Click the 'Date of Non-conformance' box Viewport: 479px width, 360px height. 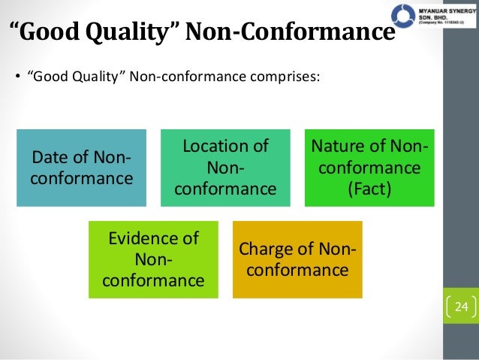tap(82, 168)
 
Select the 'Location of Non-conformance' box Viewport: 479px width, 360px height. tap(225, 168)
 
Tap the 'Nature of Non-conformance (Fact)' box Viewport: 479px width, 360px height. tap(369, 168)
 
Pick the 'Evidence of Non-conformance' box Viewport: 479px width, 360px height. tap(153, 259)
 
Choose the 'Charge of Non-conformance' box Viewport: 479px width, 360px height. tap(297, 259)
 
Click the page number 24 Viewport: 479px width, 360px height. tap(461, 307)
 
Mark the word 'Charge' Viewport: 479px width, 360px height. tap(266, 250)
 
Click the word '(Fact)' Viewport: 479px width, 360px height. tap(369, 188)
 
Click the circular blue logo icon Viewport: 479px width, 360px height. tap(403, 14)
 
